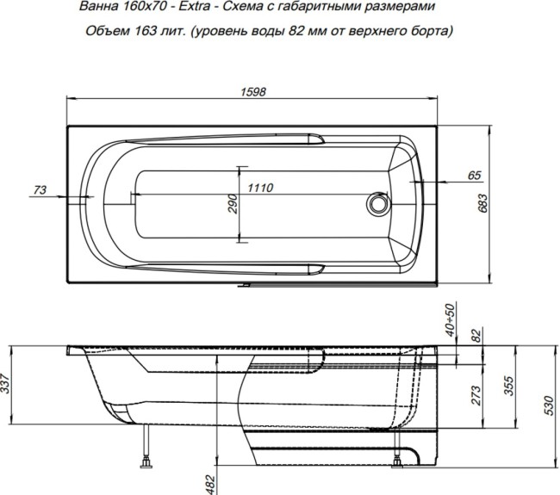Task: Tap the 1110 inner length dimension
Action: (261, 189)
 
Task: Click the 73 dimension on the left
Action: (38, 189)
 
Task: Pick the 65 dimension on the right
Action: (473, 176)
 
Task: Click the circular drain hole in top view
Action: (376, 204)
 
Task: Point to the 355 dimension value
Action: (508, 386)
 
